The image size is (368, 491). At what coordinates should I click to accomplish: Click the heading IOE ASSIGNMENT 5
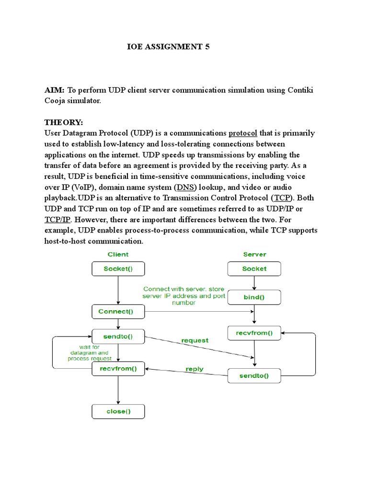[168, 47]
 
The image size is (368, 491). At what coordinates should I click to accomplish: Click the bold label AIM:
[55, 90]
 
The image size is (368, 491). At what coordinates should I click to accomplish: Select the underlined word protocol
[243, 133]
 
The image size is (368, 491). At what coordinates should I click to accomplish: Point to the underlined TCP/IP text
[58, 219]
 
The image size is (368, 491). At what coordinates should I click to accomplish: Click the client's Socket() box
[118, 269]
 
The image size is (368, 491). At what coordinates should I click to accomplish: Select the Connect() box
[118, 312]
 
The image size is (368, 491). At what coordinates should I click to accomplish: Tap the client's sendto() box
[118, 337]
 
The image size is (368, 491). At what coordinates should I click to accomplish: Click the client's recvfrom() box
[118, 369]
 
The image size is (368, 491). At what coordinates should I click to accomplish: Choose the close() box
[118, 411]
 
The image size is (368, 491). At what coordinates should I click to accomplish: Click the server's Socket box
[254, 269]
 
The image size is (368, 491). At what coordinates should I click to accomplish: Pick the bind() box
[254, 297]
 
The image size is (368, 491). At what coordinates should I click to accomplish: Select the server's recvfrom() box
[254, 333]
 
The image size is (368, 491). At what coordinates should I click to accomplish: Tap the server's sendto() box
[254, 376]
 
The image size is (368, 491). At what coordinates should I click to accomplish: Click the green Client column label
[118, 254]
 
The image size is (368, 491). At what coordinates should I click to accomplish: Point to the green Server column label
[254, 254]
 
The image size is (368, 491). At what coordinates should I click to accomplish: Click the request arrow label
[195, 340]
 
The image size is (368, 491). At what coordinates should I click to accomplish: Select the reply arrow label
[194, 369]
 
